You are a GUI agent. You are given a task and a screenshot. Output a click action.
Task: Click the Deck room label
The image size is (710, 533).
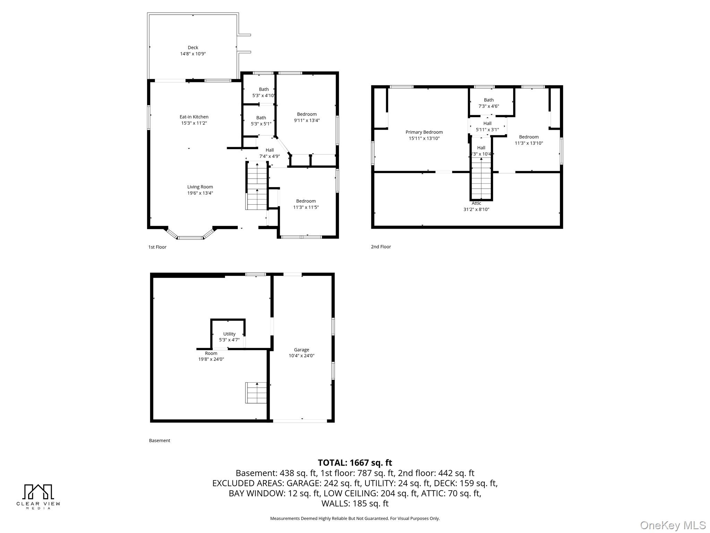click(x=193, y=48)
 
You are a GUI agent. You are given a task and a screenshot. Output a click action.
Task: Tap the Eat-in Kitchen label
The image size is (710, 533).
click(x=194, y=117)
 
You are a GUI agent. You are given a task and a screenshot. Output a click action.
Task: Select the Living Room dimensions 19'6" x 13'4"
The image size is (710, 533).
click(x=200, y=193)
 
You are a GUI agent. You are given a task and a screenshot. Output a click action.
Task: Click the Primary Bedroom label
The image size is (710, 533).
click(x=424, y=132)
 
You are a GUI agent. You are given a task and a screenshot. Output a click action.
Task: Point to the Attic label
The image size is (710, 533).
click(x=476, y=203)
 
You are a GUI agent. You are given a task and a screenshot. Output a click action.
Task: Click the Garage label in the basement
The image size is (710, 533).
click(x=302, y=350)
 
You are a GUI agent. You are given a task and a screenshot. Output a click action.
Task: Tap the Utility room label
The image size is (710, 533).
click(x=230, y=334)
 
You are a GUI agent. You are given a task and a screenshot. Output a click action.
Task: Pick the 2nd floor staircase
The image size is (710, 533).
click(x=482, y=178)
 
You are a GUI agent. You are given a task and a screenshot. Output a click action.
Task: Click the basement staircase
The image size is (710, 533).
click(x=256, y=393)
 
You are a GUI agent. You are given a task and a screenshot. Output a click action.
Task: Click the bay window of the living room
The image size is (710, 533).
click(x=190, y=234)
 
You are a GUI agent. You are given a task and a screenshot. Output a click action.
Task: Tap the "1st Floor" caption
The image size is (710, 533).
click(x=157, y=247)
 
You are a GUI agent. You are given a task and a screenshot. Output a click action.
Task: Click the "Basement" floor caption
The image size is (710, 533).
click(x=159, y=441)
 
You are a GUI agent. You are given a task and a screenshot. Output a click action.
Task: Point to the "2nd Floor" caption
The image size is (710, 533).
click(x=381, y=247)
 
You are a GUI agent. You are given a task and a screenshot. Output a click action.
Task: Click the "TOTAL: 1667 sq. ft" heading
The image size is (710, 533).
click(x=355, y=463)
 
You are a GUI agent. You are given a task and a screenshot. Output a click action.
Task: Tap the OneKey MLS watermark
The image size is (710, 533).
click(x=673, y=525)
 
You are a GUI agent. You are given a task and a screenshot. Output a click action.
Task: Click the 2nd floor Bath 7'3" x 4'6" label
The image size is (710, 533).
click(x=489, y=103)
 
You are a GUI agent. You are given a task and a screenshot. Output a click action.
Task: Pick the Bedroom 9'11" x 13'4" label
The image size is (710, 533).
click(x=307, y=117)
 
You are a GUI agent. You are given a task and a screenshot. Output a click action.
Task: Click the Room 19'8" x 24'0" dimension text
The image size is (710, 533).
click(x=211, y=359)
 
